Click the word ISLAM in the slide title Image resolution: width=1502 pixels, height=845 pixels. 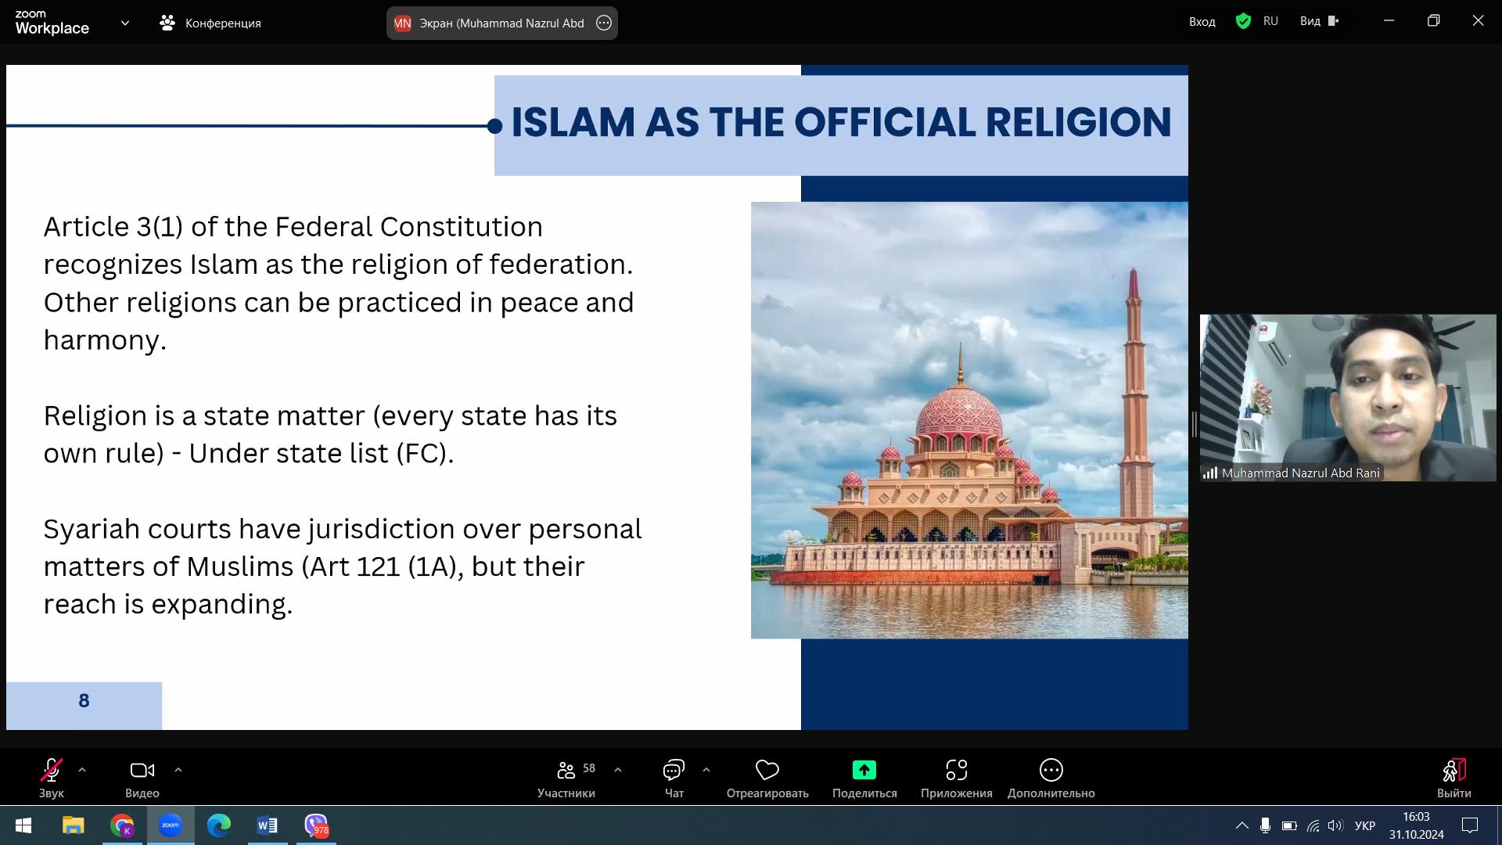573,123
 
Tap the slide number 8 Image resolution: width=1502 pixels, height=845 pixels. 84,700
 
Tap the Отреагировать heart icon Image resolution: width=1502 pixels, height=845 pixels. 767,770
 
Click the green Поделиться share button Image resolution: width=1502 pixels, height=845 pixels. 864,770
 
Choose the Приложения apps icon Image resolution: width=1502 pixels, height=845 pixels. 957,770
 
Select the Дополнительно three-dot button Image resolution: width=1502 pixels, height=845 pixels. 1051,770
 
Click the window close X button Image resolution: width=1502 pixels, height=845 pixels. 1478,21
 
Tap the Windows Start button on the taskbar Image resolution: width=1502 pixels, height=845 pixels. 23,825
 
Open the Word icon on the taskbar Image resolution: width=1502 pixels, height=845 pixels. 267,825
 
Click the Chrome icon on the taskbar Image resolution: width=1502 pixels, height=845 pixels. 122,825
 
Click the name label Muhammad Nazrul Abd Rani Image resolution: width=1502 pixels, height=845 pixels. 1300,473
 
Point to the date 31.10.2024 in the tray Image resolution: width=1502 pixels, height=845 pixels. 1417,835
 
